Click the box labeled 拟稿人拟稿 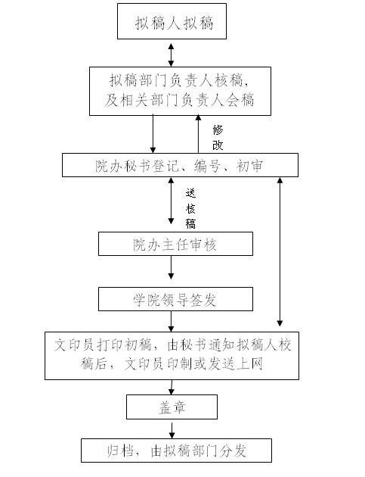[172, 21]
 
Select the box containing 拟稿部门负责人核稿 [180, 91]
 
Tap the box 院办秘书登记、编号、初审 [180, 165]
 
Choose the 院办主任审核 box [175, 244]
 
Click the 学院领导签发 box [175, 299]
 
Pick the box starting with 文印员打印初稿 [172, 356]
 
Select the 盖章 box [172, 407]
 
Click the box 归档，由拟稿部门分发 [176, 450]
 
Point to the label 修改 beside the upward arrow [218, 138]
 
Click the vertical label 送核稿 [190, 209]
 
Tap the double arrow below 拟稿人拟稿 [171, 55]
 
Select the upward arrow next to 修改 [198, 134]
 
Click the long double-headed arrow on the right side [280, 252]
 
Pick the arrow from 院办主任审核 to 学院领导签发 [171, 267]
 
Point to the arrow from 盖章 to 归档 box [172, 431]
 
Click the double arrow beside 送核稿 [171, 201]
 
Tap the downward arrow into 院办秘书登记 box [153, 134]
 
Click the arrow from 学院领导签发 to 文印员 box [171, 321]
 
